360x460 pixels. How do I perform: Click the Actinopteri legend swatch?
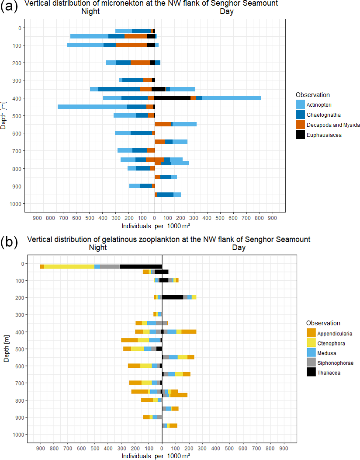pos(300,105)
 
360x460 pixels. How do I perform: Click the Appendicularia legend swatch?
pos(311,333)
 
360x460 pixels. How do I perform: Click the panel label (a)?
pos(9,7)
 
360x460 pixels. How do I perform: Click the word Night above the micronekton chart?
pos(91,12)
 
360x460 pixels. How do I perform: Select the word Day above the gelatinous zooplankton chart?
pos(239,247)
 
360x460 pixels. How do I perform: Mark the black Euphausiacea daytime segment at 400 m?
pos(173,98)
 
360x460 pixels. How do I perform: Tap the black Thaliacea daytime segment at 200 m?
pos(173,297)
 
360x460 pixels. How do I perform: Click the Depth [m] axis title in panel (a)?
pos(4,116)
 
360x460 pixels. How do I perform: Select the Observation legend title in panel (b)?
pos(323,323)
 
